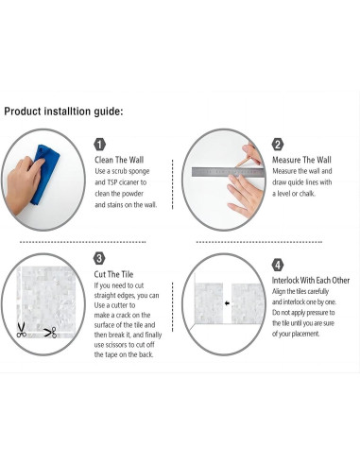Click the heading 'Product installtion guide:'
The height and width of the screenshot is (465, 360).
[63, 112]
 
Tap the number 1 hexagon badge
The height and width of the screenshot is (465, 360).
[99, 145]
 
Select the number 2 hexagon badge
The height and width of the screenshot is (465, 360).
[278, 145]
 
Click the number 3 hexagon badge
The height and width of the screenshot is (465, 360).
[99, 259]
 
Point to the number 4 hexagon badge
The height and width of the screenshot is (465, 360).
[278, 265]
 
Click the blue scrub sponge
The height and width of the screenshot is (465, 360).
[44, 175]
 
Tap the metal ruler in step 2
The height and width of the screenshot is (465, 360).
[228, 172]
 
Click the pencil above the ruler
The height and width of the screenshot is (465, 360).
[245, 162]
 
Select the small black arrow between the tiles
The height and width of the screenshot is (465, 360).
[227, 303]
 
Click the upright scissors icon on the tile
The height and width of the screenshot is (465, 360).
[21, 330]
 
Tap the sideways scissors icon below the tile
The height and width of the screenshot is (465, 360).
[50, 333]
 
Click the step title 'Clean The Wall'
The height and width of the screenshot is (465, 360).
[119, 160]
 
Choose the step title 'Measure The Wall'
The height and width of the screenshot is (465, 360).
[301, 160]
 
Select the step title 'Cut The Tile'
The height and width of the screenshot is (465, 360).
[113, 274]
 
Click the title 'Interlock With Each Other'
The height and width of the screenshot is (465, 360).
[311, 280]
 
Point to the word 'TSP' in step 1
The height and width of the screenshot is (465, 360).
[112, 182]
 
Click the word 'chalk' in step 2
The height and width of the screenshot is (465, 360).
[306, 194]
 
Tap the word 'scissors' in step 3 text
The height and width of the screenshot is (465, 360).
[120, 345]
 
